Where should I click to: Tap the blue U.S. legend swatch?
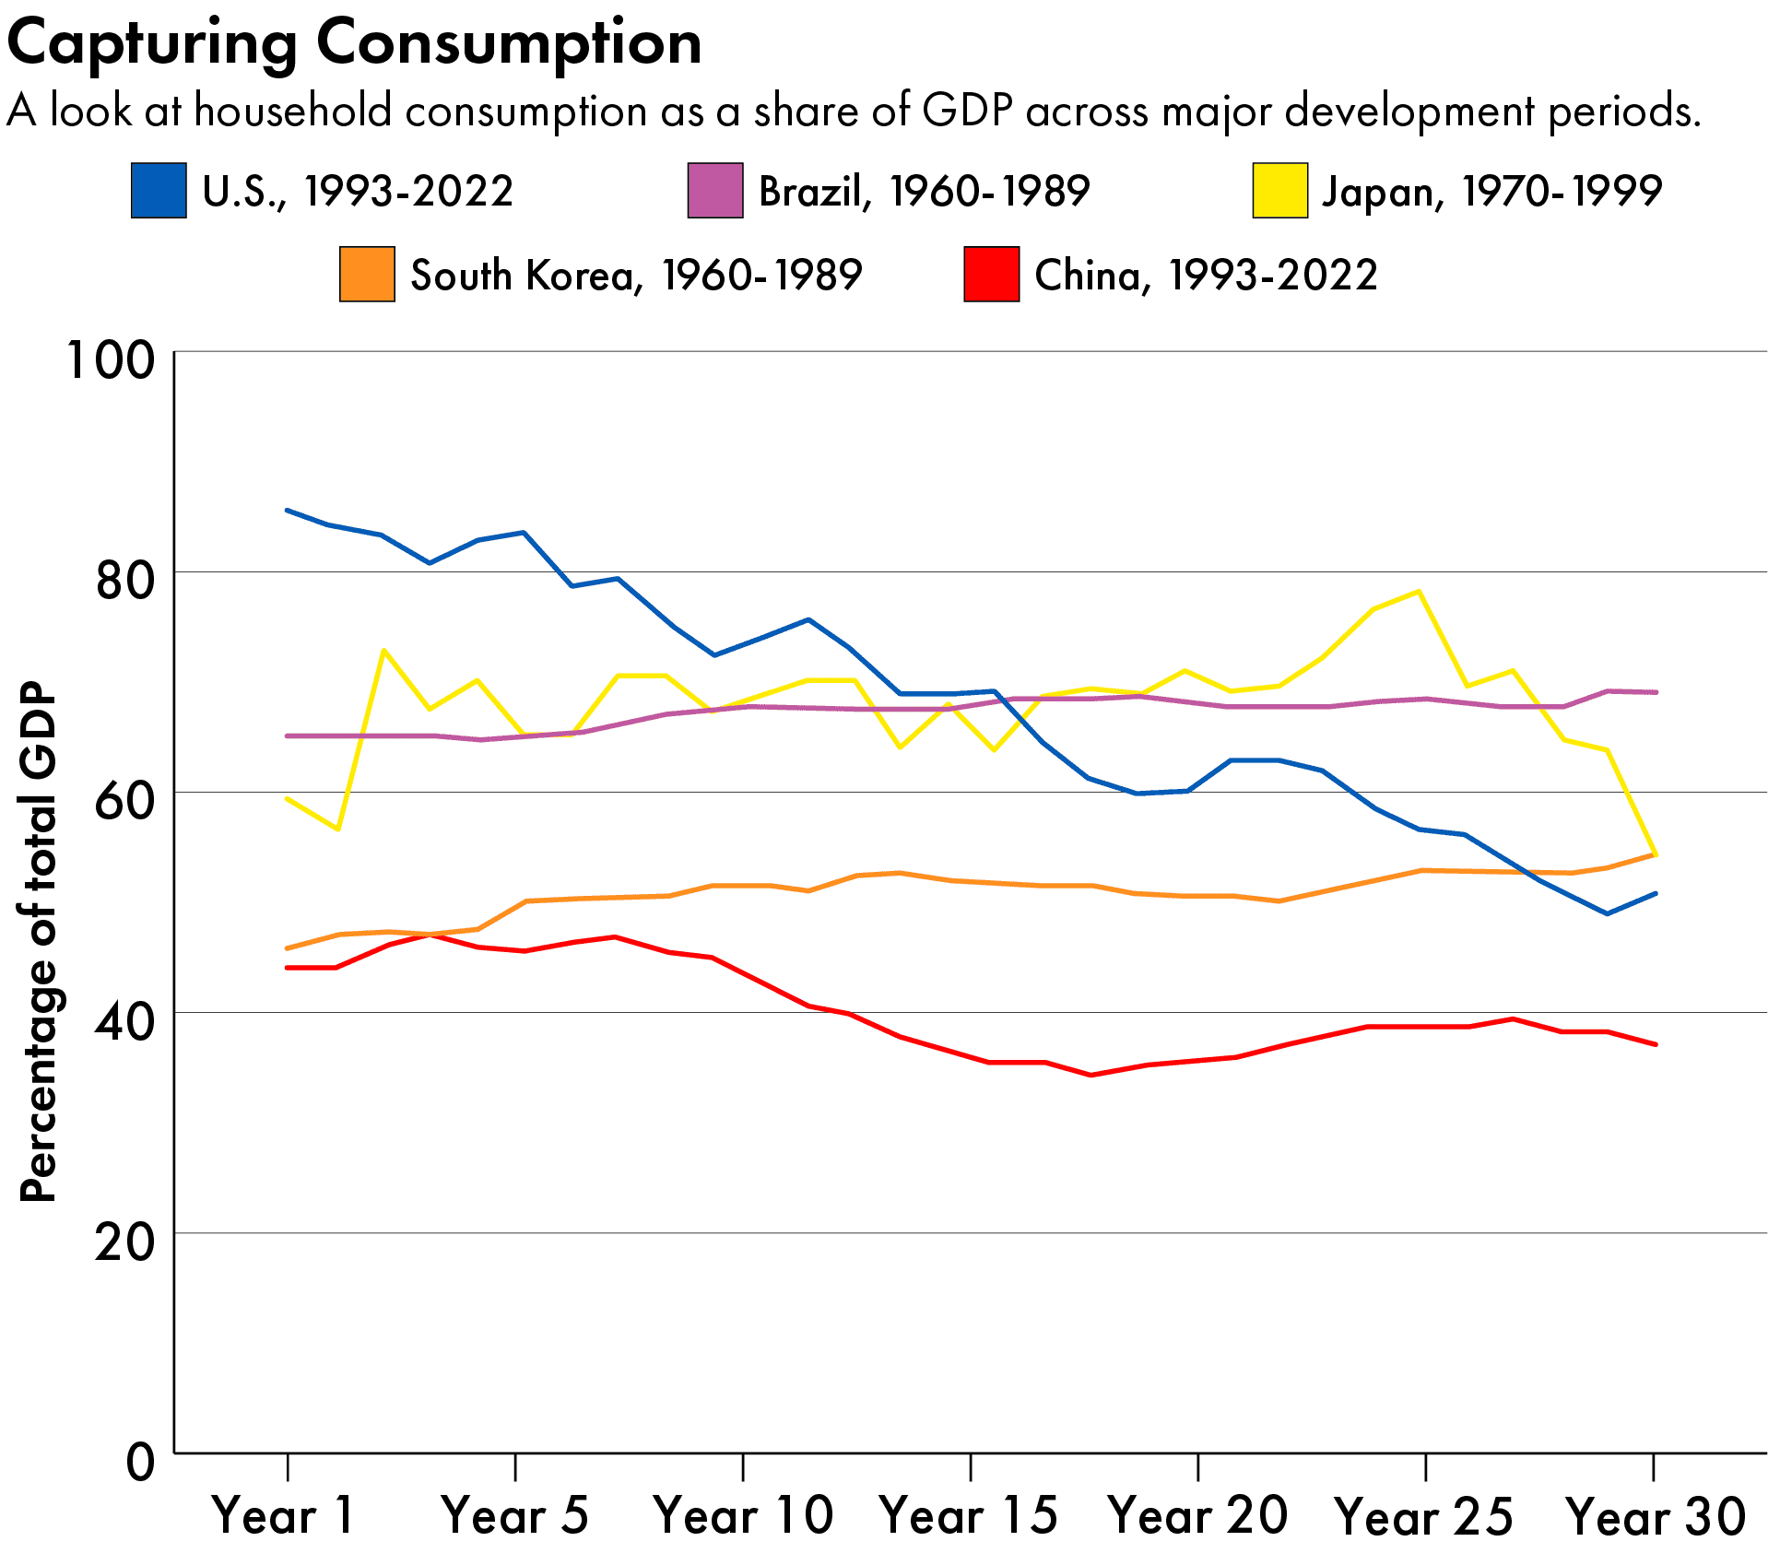pyautogui.click(x=159, y=191)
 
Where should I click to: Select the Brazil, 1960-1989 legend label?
pyautogui.click(x=924, y=191)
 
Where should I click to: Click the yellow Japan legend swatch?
pyautogui.click(x=1279, y=191)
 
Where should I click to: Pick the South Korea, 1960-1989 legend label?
pyautogui.click(x=636, y=275)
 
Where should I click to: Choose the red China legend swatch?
pyautogui.click(x=991, y=275)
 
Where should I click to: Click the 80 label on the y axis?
pyautogui.click(x=124, y=580)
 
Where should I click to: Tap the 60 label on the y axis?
pyautogui.click(x=124, y=799)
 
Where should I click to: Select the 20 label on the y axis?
pyautogui.click(x=124, y=1241)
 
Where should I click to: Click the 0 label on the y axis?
pyautogui.click(x=140, y=1461)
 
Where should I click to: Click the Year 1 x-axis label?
pyautogui.click(x=283, y=1515)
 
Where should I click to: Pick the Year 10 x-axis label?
pyautogui.click(x=743, y=1515)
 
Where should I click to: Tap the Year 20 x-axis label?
pyautogui.click(x=1197, y=1515)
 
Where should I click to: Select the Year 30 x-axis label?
pyautogui.click(x=1656, y=1515)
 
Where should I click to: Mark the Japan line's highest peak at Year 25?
pyautogui.click(x=1419, y=591)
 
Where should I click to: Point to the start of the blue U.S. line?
pyautogui.click(x=288, y=510)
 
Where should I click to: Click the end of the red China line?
pyautogui.click(x=1656, y=1044)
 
